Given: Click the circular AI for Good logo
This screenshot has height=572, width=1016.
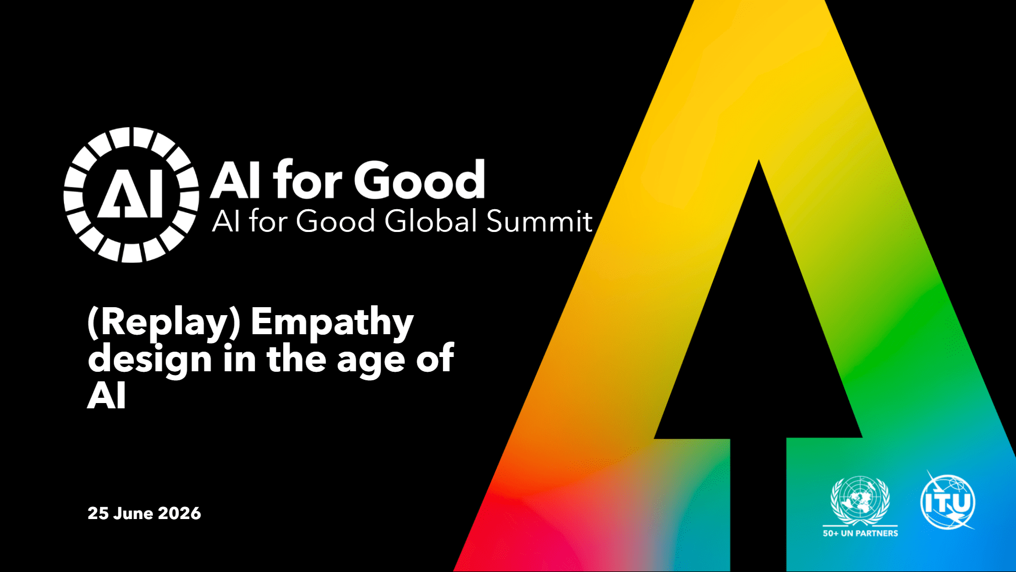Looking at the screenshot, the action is point(131,194).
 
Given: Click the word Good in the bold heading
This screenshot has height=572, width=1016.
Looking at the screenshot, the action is point(420,180).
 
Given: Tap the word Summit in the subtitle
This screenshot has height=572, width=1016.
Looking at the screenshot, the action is point(539,221).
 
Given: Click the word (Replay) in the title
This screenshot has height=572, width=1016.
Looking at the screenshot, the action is point(164,323).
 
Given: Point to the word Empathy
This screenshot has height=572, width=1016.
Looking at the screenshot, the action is point(332,323).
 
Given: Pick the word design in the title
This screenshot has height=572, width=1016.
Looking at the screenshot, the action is point(150,360).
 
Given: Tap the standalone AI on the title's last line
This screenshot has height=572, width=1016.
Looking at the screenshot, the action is point(107,396).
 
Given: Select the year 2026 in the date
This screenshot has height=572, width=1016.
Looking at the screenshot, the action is point(179,513).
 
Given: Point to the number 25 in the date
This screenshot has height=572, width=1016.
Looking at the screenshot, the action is point(98,513).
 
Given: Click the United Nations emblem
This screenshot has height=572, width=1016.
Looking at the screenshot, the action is point(860,501).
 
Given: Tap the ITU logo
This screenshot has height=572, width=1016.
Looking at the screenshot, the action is point(948,501).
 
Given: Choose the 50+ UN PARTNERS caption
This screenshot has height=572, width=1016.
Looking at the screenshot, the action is point(860,533).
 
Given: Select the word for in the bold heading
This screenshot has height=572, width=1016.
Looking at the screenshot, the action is point(307,180).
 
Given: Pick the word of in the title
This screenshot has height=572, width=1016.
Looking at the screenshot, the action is point(435,358).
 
